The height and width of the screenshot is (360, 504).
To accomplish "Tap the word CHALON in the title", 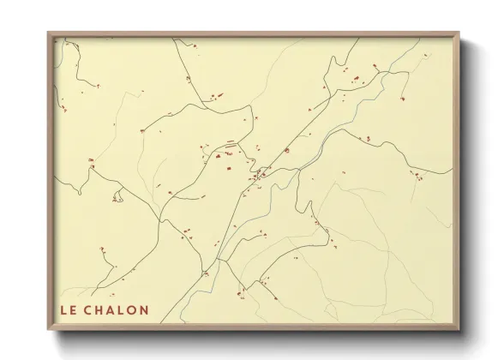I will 116,309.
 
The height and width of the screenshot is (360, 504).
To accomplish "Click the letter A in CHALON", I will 111,309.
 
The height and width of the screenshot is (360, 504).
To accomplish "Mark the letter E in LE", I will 72,309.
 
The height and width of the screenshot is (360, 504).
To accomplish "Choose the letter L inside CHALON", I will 122,309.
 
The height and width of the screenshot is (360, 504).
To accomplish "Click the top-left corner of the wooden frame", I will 48,33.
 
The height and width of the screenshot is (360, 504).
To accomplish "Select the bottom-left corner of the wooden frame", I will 48,330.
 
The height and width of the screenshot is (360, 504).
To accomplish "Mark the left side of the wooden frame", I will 50,180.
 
